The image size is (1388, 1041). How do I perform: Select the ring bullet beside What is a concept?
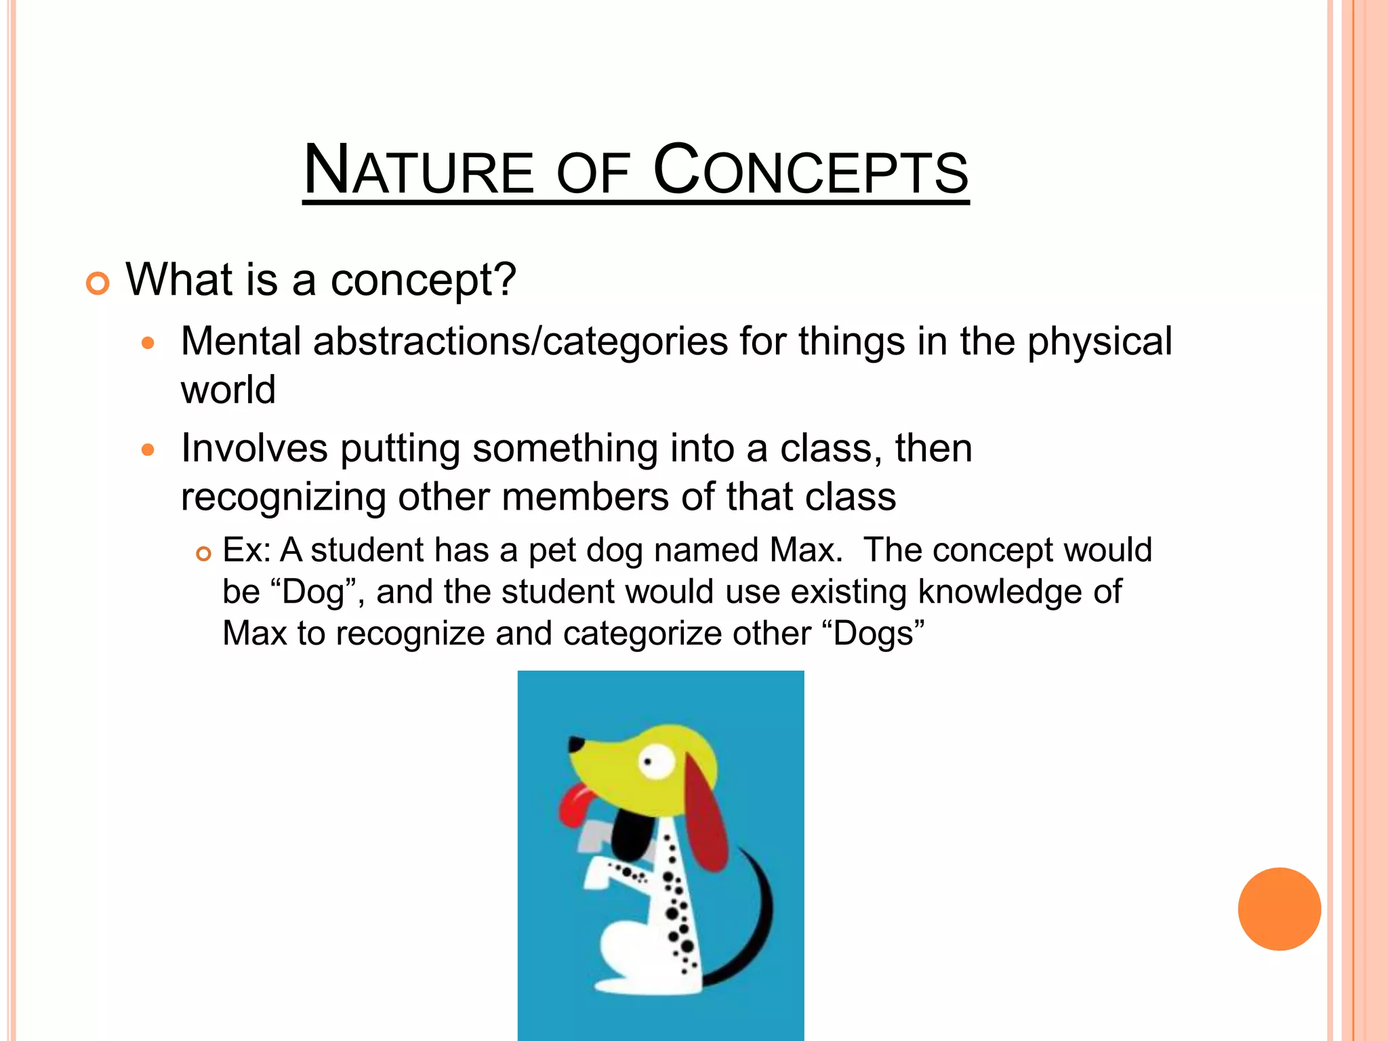(98, 283)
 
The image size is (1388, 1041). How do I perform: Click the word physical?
(1099, 342)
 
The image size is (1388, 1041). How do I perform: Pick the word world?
(228, 390)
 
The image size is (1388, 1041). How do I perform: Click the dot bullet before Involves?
(148, 450)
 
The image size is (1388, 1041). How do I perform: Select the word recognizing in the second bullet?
(283, 497)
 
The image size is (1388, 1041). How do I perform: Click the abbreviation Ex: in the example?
(247, 550)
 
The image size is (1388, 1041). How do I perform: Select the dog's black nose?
(576, 744)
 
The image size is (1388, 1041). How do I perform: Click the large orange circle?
(1279, 909)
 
